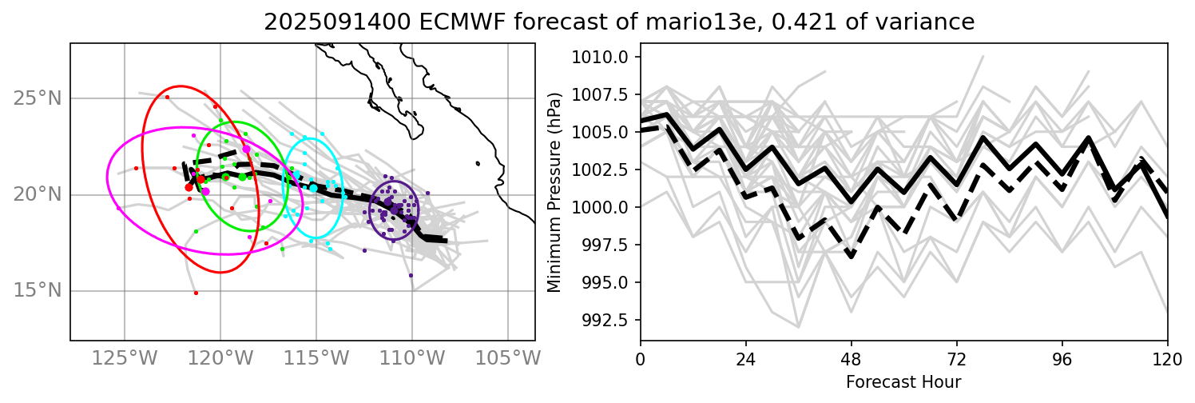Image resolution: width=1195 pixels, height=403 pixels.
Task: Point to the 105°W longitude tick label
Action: point(509,357)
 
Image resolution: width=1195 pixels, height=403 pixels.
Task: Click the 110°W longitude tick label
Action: point(413,357)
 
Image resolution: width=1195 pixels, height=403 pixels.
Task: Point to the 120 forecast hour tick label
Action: point(1168,357)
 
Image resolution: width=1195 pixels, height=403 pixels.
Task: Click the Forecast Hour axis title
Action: point(903,381)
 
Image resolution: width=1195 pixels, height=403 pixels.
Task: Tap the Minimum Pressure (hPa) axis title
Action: point(554,192)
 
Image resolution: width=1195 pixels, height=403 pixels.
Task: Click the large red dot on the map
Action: point(189,187)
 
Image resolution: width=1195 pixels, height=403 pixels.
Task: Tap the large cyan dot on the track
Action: point(313,188)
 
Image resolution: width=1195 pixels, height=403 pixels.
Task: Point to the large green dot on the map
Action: point(242,177)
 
